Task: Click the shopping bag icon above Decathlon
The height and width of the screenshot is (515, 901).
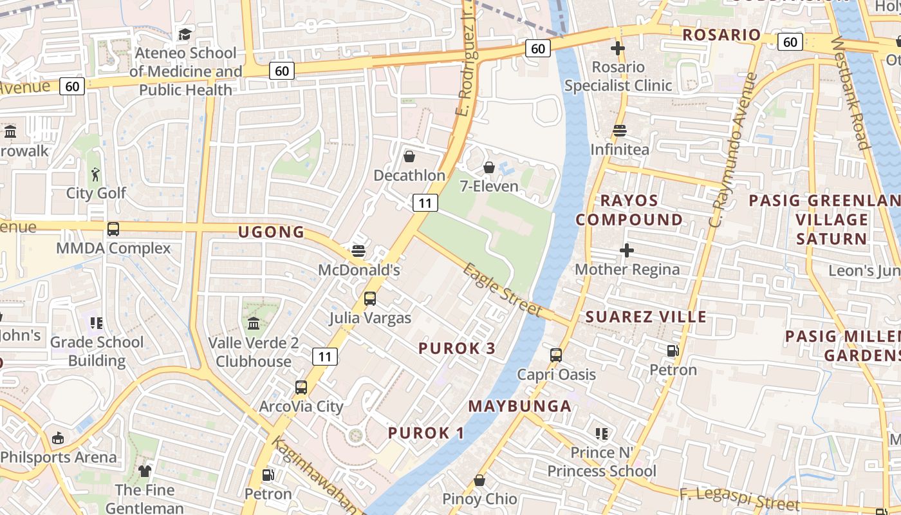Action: click(x=409, y=156)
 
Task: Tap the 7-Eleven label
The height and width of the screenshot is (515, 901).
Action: click(x=489, y=186)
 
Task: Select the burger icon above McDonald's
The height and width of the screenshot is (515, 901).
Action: click(x=358, y=250)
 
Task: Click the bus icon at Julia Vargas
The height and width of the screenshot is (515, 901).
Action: click(x=369, y=299)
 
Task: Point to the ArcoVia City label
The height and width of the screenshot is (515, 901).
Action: click(x=301, y=406)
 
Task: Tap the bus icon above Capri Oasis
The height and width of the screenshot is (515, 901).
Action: click(x=556, y=355)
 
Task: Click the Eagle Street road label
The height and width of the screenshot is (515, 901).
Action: click(x=503, y=290)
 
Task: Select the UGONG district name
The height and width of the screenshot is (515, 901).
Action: click(x=271, y=232)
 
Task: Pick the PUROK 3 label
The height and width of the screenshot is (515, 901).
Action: click(x=457, y=348)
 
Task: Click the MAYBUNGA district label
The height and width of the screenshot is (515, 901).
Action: click(x=519, y=406)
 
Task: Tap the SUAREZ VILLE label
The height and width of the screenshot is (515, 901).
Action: click(x=646, y=317)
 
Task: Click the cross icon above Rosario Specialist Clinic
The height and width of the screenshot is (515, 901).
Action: click(x=618, y=48)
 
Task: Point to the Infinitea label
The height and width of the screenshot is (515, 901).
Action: click(x=620, y=149)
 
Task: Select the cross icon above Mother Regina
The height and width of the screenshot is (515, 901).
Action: click(x=627, y=250)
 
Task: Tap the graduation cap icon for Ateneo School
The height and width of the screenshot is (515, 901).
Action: click(x=185, y=34)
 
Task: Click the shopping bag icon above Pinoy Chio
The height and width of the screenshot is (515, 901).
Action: click(x=479, y=480)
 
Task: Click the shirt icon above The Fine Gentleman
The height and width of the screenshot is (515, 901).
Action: click(x=145, y=471)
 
